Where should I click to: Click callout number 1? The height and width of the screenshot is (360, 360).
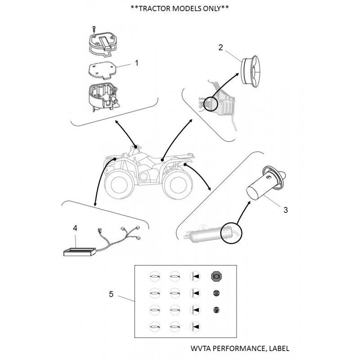pos(137,63)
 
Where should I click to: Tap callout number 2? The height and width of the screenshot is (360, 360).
pos(220,47)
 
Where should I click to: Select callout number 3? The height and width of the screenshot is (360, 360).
pos(285,210)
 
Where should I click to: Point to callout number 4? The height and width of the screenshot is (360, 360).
pos(75,228)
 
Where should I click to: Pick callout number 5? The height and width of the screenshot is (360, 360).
pos(111,294)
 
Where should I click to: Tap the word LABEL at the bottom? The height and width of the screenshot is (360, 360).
pos(279,348)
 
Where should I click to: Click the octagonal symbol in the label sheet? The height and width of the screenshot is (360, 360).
pos(216,276)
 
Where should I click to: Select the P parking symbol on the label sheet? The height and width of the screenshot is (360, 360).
pos(216,310)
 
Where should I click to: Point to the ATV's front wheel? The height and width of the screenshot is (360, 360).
pos(119,184)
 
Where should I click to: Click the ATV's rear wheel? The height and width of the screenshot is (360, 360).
pos(178,185)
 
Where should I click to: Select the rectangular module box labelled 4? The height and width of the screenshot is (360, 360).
pos(80,252)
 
